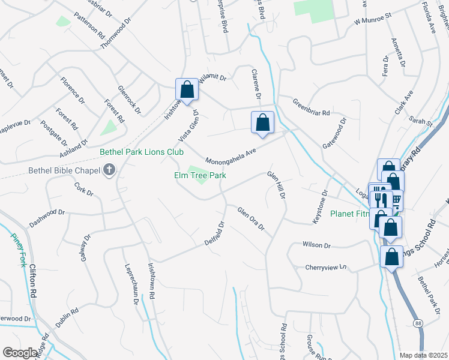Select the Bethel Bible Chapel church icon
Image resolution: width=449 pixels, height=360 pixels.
point(109,170)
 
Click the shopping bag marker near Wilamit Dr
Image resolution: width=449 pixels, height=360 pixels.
point(187,90)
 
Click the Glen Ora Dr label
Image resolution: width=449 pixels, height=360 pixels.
point(252,218)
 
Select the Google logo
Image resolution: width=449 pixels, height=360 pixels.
point(20,353)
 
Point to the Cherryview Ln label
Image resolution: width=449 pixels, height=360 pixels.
point(327,266)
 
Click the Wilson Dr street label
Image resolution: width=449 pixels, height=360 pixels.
point(317,245)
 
